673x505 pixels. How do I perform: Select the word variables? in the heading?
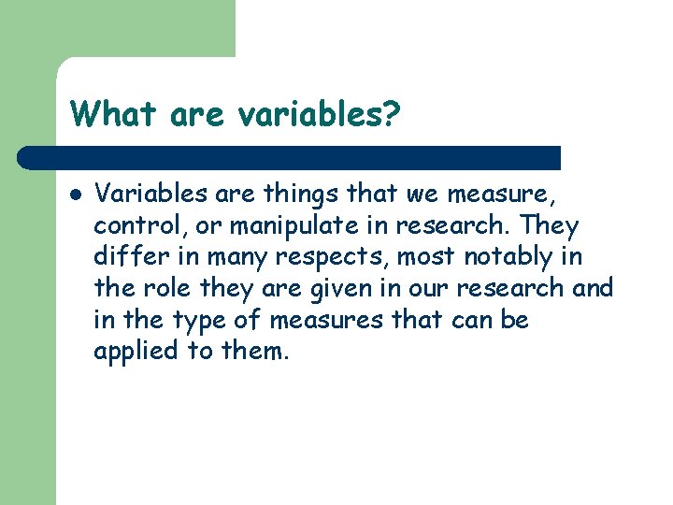point(319,114)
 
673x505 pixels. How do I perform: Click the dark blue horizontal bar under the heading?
point(290,157)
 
